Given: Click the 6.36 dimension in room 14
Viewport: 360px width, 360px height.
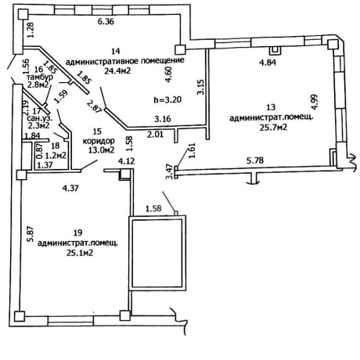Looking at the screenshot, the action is pos(106,21).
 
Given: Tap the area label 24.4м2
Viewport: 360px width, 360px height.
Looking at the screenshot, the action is pos(117,70).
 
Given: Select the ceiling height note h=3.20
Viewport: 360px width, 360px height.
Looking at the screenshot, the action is pos(167,99).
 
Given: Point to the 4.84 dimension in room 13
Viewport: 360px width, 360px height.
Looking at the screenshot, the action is pos(268,63).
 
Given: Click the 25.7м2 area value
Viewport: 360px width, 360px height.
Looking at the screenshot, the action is pos(273,128).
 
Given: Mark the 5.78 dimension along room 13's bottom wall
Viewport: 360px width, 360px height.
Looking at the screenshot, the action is pos(255,160).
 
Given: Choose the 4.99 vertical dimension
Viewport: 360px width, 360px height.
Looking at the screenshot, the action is pos(315,102).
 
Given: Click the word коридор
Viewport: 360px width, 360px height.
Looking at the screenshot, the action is pos(99,141).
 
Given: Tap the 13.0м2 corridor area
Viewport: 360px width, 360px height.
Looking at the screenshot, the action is pos(101,150).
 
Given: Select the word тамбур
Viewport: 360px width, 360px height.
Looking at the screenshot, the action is pos(40,77).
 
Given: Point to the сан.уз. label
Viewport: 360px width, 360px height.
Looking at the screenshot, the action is pos(40,118).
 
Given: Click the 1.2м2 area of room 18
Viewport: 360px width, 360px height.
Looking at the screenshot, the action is pos(56,156).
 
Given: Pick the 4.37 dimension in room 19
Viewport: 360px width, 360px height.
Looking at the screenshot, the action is pos(70,188).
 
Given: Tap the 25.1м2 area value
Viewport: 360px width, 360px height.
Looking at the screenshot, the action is pos(80,253).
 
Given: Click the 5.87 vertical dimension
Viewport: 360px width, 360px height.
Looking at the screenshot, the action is pos(31,234).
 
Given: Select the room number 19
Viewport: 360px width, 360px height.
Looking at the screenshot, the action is pos(78,232).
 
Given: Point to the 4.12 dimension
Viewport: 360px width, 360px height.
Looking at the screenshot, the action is pos(127,161).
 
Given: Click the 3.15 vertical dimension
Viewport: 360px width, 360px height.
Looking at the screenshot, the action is pos(201,87).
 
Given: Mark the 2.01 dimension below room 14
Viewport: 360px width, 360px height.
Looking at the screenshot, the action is pos(155,135).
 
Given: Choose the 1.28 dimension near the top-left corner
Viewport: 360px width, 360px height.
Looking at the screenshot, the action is pos(31,31).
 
